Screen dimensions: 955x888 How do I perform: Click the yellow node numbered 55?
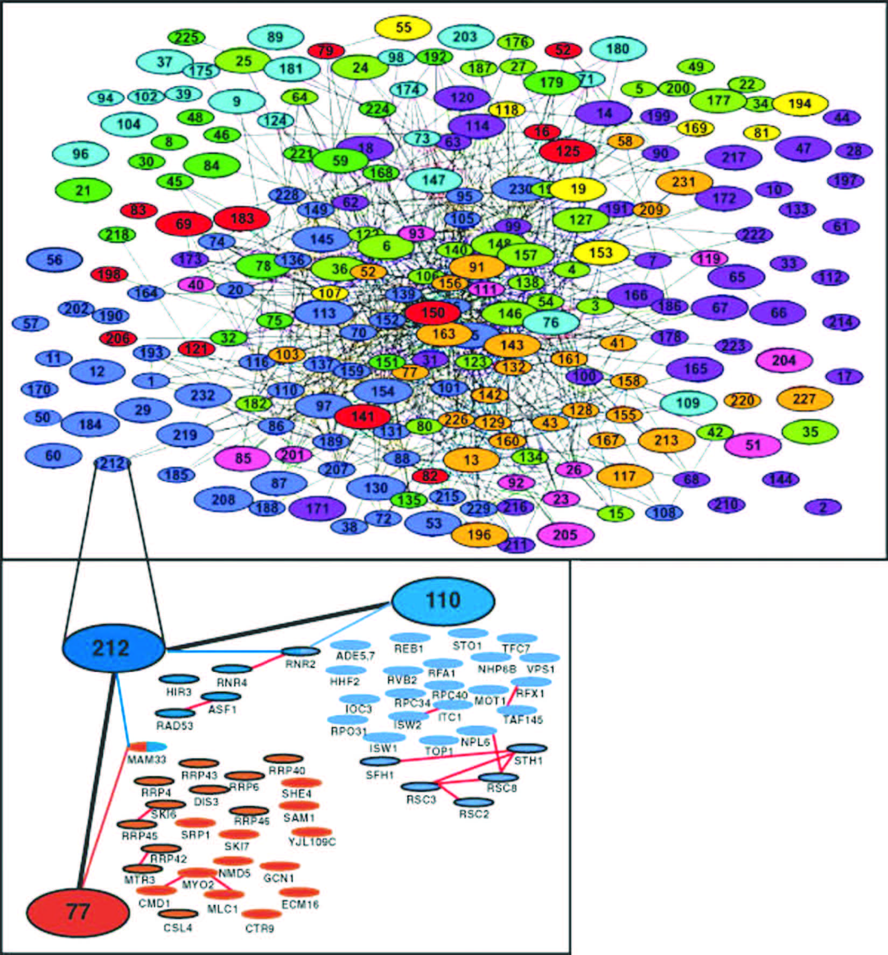[x=403, y=28]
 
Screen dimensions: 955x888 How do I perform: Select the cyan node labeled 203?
[x=465, y=37]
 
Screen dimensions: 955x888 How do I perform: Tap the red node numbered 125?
[x=568, y=151]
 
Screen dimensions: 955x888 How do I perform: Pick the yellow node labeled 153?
[x=600, y=253]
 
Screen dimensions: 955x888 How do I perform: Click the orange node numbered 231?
[x=684, y=182]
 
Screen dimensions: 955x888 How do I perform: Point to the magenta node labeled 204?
[x=784, y=360]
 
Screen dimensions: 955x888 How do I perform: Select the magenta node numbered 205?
[x=565, y=535]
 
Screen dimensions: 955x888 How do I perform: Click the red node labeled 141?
[x=362, y=416]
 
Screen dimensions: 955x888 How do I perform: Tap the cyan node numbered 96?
[x=80, y=154]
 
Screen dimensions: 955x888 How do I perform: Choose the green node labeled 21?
[x=83, y=190]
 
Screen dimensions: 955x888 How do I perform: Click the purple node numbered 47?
[x=803, y=149]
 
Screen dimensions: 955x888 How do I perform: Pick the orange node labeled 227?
[x=805, y=399]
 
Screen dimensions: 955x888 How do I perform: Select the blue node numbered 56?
[x=54, y=260]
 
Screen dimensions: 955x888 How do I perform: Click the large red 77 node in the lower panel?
[x=78, y=912]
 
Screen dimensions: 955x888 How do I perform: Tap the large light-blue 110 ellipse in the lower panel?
[x=443, y=601]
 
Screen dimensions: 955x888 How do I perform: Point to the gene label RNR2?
[x=300, y=664]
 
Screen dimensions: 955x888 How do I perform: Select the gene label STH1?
[x=528, y=761]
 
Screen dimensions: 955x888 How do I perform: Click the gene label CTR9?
[x=260, y=928]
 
